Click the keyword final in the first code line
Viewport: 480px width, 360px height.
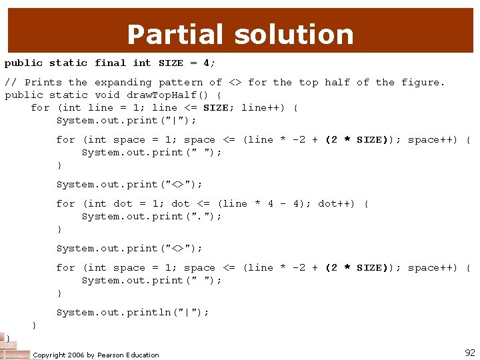110,63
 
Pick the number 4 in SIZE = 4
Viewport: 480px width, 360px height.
206,63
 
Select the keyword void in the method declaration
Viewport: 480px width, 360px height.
107,95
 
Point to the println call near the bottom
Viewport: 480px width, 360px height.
133,312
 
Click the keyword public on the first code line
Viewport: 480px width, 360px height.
23,63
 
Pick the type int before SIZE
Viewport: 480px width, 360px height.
142,63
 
